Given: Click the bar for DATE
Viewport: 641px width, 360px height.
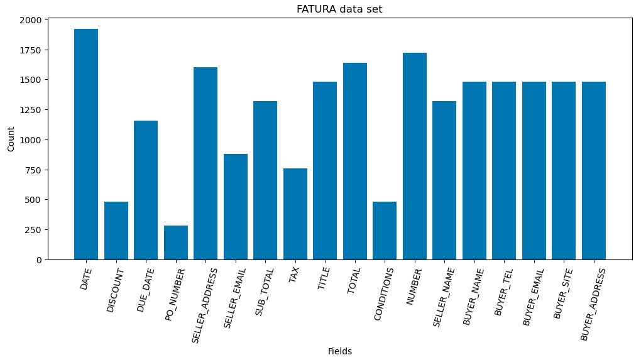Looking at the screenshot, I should pyautogui.click(x=86, y=144).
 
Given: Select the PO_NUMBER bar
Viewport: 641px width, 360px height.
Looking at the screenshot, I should pyautogui.click(x=176, y=243).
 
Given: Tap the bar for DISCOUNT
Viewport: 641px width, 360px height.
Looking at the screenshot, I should pyautogui.click(x=116, y=231).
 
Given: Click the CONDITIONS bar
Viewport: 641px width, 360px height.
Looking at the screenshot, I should pyautogui.click(x=385, y=231).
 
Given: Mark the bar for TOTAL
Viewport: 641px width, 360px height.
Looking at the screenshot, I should pyautogui.click(x=355, y=161).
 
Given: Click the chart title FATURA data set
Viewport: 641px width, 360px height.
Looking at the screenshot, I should pyautogui.click(x=340, y=9).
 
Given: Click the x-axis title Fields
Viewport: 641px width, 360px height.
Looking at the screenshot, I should pyautogui.click(x=340, y=352).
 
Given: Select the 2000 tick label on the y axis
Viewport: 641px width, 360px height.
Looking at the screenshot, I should pyautogui.click(x=32, y=20).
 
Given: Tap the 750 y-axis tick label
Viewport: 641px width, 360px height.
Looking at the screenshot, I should pyautogui.click(x=35, y=170).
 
